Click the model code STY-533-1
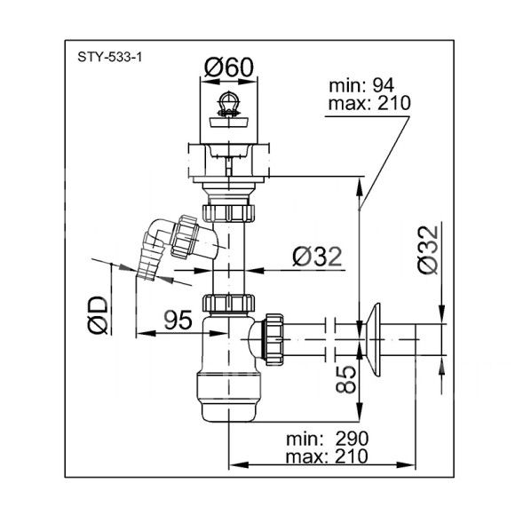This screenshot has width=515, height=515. pyautogui.click(x=110, y=58)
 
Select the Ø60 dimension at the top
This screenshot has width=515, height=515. pyautogui.click(x=229, y=67)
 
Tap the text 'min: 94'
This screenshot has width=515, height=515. pyautogui.click(x=361, y=86)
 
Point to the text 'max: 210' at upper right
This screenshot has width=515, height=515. pyautogui.click(x=369, y=103)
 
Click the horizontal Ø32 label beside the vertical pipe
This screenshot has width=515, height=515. pyautogui.click(x=317, y=257)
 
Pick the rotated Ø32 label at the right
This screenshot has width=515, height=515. pyautogui.click(x=428, y=250)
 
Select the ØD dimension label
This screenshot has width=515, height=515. pyautogui.click(x=98, y=315)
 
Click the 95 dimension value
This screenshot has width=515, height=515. pyautogui.click(x=178, y=320)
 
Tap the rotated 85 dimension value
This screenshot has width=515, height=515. pyautogui.click(x=346, y=379)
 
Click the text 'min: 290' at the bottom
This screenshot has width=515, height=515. pyautogui.click(x=328, y=439)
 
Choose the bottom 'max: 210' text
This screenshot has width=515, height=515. pyautogui.click(x=327, y=456)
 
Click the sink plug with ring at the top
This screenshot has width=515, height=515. pyautogui.click(x=229, y=110)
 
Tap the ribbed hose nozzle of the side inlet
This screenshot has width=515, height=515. pyautogui.click(x=149, y=261)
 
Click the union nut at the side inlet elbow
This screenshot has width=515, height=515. pyautogui.click(x=183, y=236)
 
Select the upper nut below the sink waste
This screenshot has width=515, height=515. pyautogui.click(x=228, y=213)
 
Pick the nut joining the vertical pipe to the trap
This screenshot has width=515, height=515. pyautogui.click(x=228, y=303)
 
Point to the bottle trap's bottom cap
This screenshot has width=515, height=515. pyautogui.click(x=229, y=397)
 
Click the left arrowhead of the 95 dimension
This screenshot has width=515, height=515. pyautogui.click(x=146, y=333)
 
